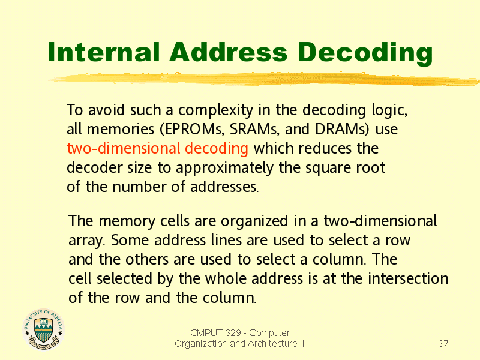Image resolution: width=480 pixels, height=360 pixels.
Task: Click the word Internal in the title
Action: coord(104,52)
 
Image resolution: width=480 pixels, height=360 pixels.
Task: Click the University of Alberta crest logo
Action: coord(43,329)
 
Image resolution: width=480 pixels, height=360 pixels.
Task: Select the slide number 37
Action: coord(443,343)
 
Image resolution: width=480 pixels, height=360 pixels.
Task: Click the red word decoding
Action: coord(217,149)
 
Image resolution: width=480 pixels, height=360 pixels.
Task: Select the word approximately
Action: coord(224,169)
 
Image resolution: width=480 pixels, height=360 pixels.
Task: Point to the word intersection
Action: coord(408,278)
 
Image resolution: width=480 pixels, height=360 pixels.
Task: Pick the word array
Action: coord(86,241)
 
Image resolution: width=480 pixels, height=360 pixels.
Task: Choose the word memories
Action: coord(121,129)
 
